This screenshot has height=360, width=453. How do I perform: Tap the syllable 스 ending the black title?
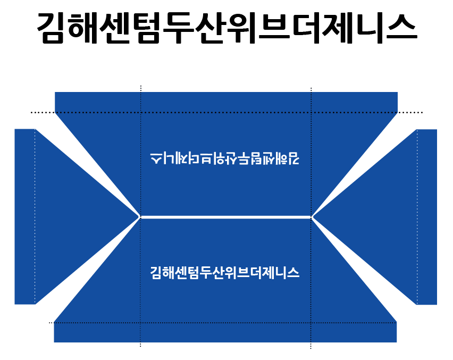401,28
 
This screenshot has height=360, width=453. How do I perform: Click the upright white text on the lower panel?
225,272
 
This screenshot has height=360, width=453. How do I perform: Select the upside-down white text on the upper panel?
225,158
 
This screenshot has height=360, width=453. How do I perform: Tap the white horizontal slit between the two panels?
226,217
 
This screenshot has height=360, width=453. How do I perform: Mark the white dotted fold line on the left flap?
35,216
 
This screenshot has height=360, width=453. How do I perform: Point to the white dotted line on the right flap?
417,217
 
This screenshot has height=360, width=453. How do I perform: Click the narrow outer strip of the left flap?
25,216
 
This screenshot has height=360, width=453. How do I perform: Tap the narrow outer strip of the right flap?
427,217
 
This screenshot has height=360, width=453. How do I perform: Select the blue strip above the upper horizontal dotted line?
226,102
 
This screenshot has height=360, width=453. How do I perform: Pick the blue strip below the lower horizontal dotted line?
225,332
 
